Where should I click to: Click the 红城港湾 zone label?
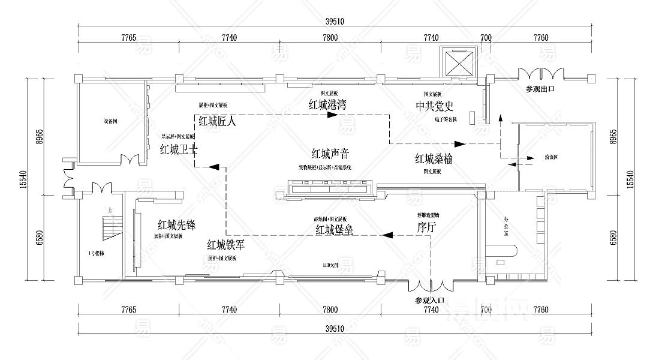pyautogui.click(x=327, y=104)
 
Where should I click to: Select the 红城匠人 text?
pyautogui.click(x=218, y=121)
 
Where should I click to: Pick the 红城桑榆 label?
pyautogui.click(x=434, y=159)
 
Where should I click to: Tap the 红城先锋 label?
pyautogui.click(x=177, y=225)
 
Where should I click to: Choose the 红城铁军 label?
pyautogui.click(x=226, y=245)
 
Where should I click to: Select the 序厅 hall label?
pyautogui.click(x=426, y=227)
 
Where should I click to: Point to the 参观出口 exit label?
pyautogui.click(x=540, y=89)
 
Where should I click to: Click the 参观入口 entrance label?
pyautogui.click(x=429, y=299)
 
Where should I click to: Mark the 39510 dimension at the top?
pyautogui.click(x=334, y=21)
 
